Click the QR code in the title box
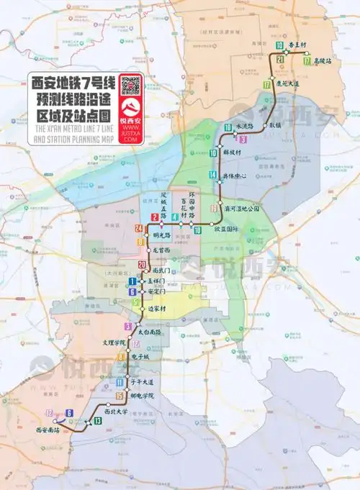pos(130,86)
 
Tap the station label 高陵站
pos(322,61)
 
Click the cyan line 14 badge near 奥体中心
pos(212,175)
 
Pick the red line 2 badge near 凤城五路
pos(154,217)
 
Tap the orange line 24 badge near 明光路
pos(138,228)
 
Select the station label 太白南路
pos(148,332)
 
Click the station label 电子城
pos(141,356)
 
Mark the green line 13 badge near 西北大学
pos(96,420)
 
